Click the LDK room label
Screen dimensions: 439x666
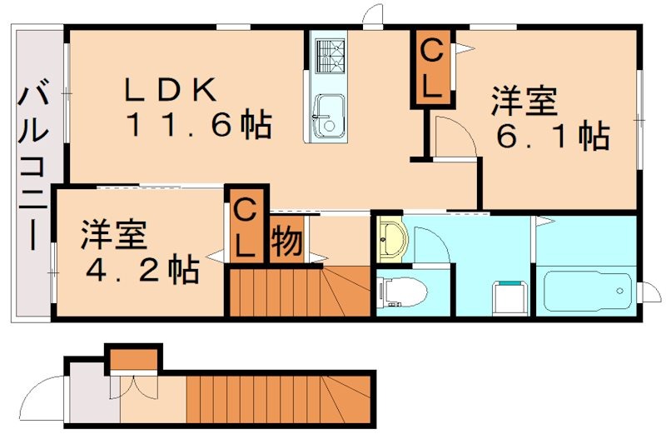173,88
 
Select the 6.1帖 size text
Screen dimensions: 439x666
552,137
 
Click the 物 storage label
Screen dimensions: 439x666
286,242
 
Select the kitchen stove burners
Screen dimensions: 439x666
328,55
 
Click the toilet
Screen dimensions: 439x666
403,292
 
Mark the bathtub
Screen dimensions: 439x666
584,291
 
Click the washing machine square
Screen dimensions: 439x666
509,296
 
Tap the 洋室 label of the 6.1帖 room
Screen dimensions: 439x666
522,101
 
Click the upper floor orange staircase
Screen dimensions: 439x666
300,292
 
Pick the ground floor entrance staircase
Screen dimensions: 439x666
275,401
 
